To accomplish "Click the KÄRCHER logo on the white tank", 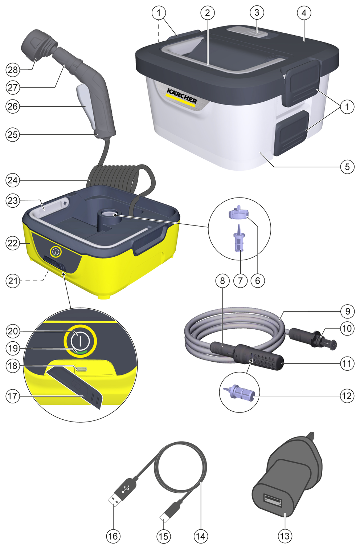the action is pos(181,96).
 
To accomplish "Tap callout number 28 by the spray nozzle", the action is pos(13,70).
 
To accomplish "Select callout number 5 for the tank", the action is pos(347,167).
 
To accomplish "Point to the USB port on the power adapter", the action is pos(272,500).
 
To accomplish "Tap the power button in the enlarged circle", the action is pos(80,341).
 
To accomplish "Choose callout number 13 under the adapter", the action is pos(285,536).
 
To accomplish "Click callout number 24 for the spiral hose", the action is pos(13,180).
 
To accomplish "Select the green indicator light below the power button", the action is pos(79,352).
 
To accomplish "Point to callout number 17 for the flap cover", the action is pos(13,396).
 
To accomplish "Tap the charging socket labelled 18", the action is pos(81,369).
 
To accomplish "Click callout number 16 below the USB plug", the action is pos(113,536).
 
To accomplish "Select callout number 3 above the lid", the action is pos(257,12).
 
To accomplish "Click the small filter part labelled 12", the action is pos(238,392).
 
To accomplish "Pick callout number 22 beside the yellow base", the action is pos(13,243).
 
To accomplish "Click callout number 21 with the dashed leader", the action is pos(13,281).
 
